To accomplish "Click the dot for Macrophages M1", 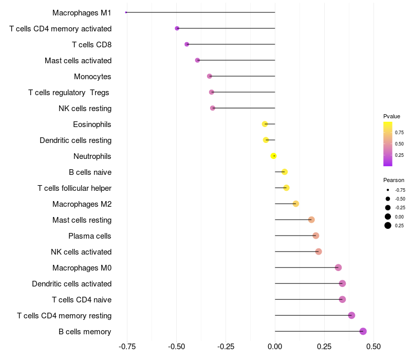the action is click(126, 12).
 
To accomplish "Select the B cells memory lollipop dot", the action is click(363, 331).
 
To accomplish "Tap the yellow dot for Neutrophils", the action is click(273, 156).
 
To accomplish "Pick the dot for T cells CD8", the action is click(186, 44).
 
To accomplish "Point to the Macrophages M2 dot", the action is click(296, 204).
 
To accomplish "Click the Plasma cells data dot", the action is click(316, 236).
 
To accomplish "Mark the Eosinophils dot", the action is click(265, 124).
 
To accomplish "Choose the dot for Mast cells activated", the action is click(197, 60).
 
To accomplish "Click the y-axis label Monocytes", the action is click(92, 77).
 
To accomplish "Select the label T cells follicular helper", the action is click(74, 188).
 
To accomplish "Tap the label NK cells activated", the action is click(81, 252).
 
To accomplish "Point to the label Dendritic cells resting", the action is click(76, 140).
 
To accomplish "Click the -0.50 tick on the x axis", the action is click(176, 347).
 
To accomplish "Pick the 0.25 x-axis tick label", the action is click(324, 347).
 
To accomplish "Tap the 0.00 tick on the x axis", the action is click(275, 347).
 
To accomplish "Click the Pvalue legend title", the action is click(391, 117).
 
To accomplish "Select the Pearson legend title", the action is click(394, 181).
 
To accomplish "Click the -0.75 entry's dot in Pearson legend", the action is click(388, 190).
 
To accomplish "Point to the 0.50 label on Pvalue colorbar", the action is click(399, 144).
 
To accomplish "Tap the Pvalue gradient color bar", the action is click(388, 144).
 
